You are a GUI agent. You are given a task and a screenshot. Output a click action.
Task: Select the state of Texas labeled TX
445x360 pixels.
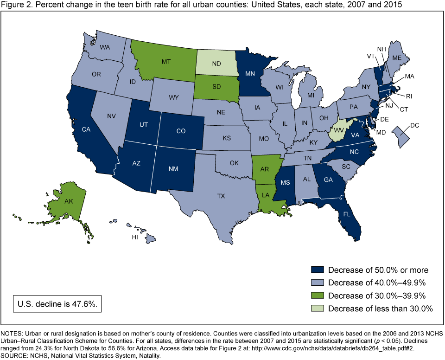click(x=221, y=196)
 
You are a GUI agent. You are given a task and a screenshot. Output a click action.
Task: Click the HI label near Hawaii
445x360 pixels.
click(x=135, y=237)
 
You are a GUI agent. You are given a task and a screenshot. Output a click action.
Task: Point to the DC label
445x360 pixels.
click(x=414, y=125)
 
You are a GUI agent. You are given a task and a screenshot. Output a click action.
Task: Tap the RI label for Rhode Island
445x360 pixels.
click(x=409, y=97)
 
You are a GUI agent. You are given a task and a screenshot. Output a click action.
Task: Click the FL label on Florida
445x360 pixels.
click(x=346, y=215)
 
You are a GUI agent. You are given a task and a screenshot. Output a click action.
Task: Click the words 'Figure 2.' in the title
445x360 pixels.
click(x=15, y=6)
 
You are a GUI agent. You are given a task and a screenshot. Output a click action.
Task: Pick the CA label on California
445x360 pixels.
click(x=86, y=130)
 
